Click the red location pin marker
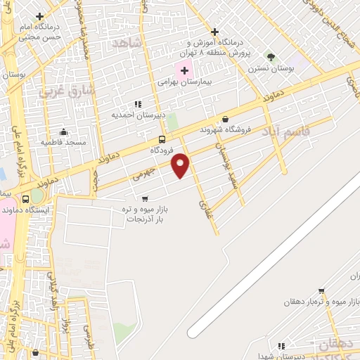(181, 165)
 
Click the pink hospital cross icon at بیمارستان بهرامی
(184, 70)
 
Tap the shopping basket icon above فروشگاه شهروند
(225, 119)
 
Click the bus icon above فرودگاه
(162, 139)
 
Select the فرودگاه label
(161, 150)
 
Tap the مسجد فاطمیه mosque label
(63, 142)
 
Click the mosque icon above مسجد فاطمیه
(63, 131)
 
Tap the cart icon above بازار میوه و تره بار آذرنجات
(145, 199)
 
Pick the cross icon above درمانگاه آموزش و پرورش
(214, 32)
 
